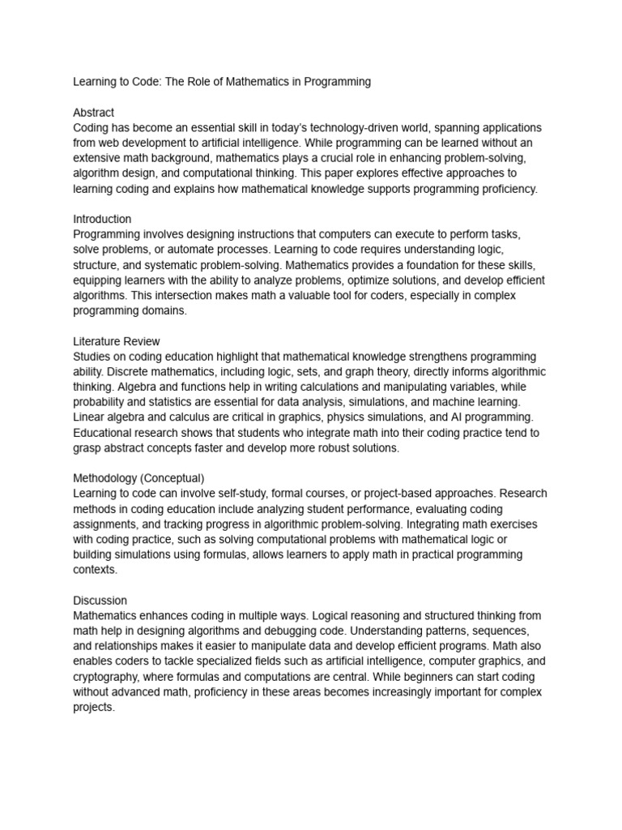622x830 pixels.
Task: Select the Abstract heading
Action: click(x=94, y=112)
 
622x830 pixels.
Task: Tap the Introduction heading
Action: click(x=102, y=219)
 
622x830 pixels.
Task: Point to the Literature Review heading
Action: click(x=117, y=341)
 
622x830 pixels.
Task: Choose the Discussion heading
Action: click(x=100, y=601)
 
